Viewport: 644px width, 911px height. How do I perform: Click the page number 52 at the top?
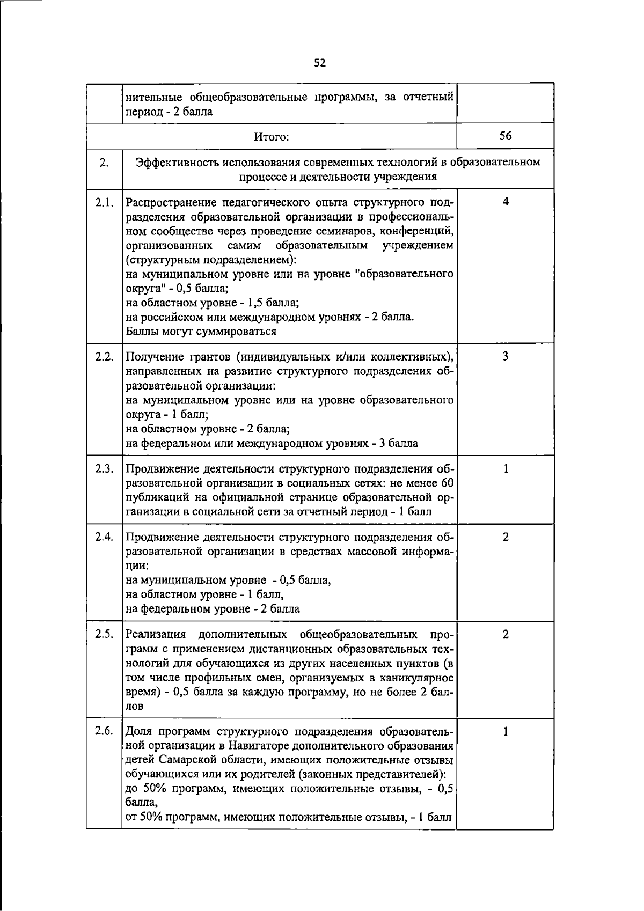(x=320, y=63)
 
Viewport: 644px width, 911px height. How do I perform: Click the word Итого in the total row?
(x=272, y=137)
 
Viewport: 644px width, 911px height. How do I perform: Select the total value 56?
(x=505, y=136)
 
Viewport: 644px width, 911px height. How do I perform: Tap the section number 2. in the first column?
(x=104, y=163)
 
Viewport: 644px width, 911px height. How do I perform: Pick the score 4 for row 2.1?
(x=506, y=202)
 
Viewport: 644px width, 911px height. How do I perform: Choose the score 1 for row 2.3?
(x=506, y=468)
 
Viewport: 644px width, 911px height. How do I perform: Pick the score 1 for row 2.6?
(x=506, y=731)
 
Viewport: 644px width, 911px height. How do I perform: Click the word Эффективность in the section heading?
(x=175, y=163)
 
